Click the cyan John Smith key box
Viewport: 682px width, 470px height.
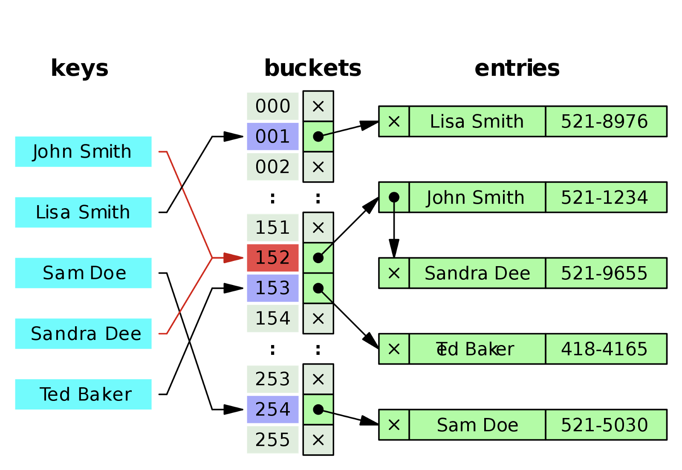[x=83, y=152]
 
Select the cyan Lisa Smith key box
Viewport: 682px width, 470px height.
[x=83, y=212]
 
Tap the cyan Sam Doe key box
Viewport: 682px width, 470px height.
[x=83, y=273]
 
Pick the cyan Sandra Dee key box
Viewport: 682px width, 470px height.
[x=83, y=334]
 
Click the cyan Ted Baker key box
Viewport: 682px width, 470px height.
[x=83, y=395]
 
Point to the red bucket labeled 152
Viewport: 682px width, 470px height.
[x=273, y=258]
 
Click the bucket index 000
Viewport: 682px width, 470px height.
[x=273, y=106]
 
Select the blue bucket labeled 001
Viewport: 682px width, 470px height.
[x=273, y=136]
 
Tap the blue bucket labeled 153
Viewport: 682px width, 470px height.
[x=273, y=288]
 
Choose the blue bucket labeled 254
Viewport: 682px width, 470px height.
[x=273, y=409]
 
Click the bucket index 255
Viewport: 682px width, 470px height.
[x=273, y=440]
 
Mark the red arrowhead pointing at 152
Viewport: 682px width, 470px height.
[x=233, y=258]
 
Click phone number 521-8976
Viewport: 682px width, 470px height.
[x=605, y=122]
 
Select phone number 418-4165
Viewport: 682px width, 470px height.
[x=605, y=349]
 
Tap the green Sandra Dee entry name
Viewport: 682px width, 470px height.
[x=477, y=273]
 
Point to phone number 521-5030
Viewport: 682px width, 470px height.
[x=605, y=425]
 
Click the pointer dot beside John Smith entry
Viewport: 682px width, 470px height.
[x=394, y=197]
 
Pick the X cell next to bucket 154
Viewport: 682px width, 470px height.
[x=318, y=319]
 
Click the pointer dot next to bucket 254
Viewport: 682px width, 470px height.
[x=318, y=409]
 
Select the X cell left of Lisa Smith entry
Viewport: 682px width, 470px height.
[x=394, y=122]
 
